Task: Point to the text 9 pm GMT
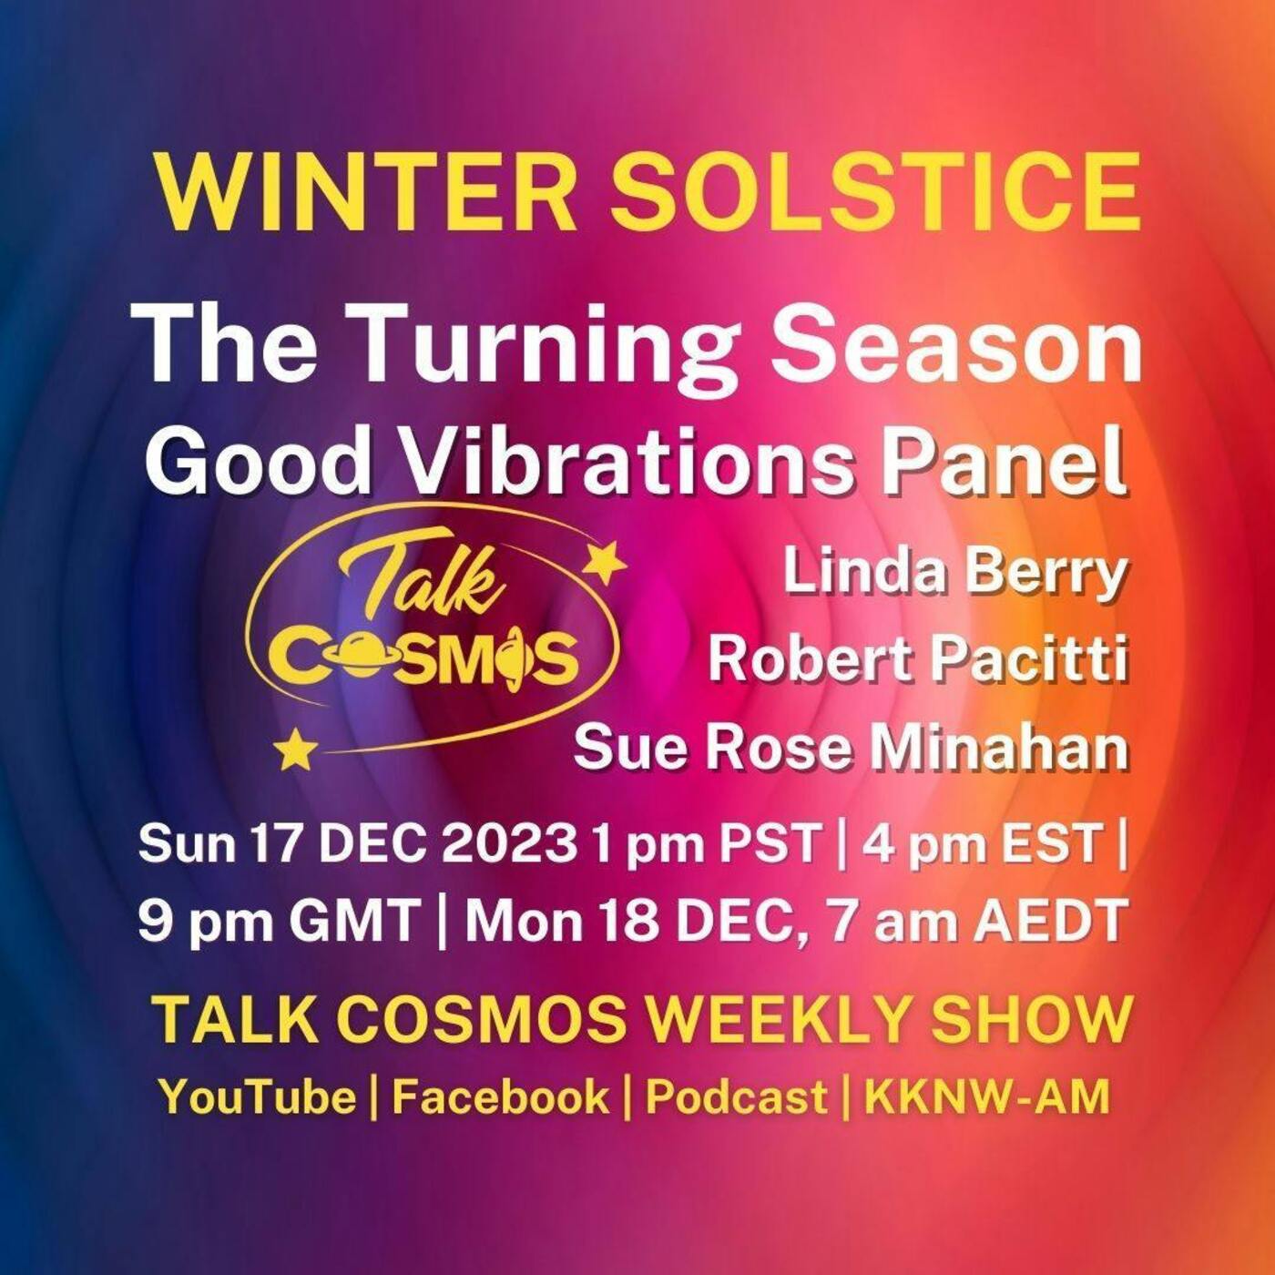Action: tap(279, 922)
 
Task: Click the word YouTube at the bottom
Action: tap(257, 1096)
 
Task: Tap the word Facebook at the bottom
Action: tap(500, 1096)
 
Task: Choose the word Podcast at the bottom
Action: tap(736, 1096)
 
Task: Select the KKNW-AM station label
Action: tap(987, 1096)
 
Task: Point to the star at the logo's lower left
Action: tap(296, 749)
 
